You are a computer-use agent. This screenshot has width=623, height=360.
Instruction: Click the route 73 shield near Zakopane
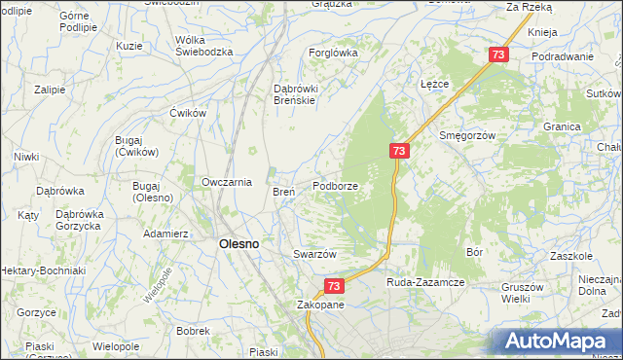pos(334,286)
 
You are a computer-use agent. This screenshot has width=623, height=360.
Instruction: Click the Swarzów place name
pos(314,254)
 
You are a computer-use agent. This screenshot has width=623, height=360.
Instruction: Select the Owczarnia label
pos(227,181)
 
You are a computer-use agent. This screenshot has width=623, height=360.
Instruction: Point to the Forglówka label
pos(332,53)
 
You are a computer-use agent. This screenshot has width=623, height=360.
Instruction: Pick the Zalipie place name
pos(49,90)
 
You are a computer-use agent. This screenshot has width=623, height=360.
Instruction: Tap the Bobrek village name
pos(194,331)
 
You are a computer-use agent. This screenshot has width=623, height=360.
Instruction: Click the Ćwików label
pos(190,113)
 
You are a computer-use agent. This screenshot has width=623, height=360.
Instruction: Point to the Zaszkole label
pos(571,256)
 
